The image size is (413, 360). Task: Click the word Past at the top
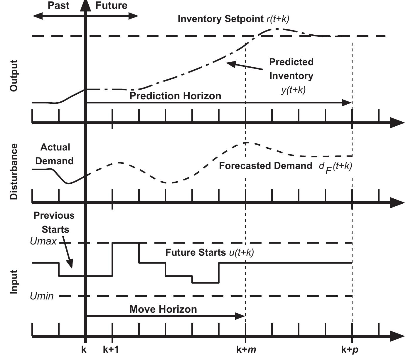tap(58, 6)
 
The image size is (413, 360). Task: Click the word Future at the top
tap(111, 6)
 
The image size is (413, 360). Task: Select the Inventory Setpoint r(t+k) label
tap(233, 19)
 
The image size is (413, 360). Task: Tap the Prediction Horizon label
tap(175, 96)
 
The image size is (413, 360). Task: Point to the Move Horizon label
tap(163, 309)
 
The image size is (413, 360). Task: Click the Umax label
tap(43, 241)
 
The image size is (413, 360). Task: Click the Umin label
tap(42, 296)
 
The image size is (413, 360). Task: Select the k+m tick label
tap(246, 350)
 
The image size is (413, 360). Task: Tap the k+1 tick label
tap(111, 350)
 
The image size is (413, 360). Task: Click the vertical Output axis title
tap(14, 76)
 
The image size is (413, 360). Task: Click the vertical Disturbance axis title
tap(14, 172)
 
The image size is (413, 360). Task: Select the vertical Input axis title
tap(14, 282)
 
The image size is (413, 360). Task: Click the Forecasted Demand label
tap(266, 166)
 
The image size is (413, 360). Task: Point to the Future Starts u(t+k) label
tap(209, 252)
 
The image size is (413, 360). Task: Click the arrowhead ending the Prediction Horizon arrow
tap(348, 103)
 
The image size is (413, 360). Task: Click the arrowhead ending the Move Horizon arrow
tap(241, 316)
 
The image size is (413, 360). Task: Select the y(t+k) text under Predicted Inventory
tap(293, 90)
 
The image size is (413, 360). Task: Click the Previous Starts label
tap(54, 222)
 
